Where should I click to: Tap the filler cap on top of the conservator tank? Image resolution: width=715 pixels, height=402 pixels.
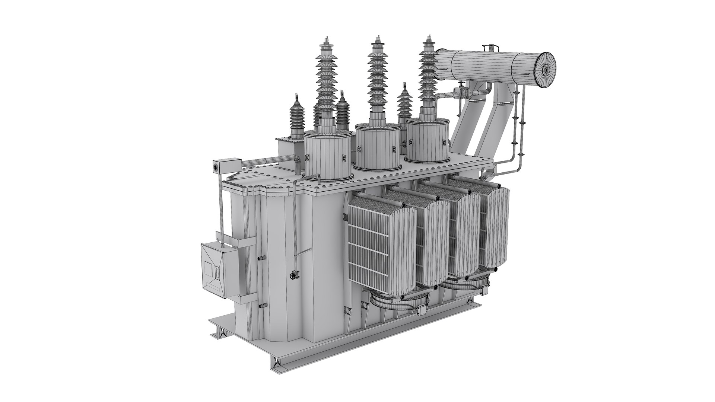[x=490, y=48]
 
